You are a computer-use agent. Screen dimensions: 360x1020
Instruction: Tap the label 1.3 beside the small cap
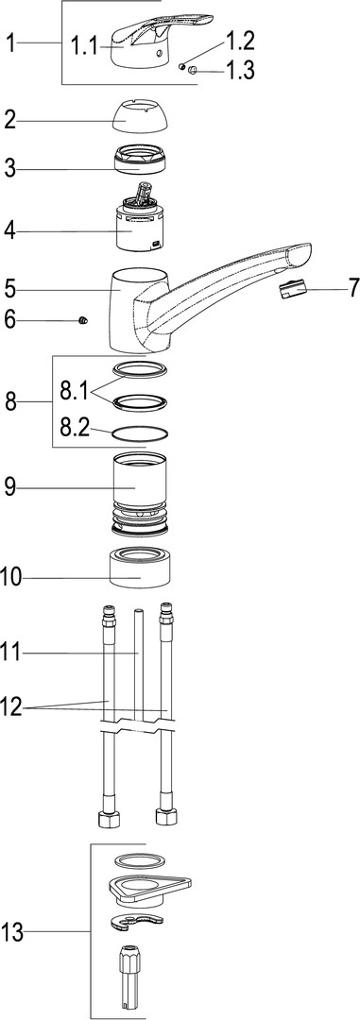[x=240, y=69]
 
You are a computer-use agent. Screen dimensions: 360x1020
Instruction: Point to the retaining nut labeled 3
[x=142, y=160]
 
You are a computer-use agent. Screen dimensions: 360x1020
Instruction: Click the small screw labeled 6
[x=82, y=319]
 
